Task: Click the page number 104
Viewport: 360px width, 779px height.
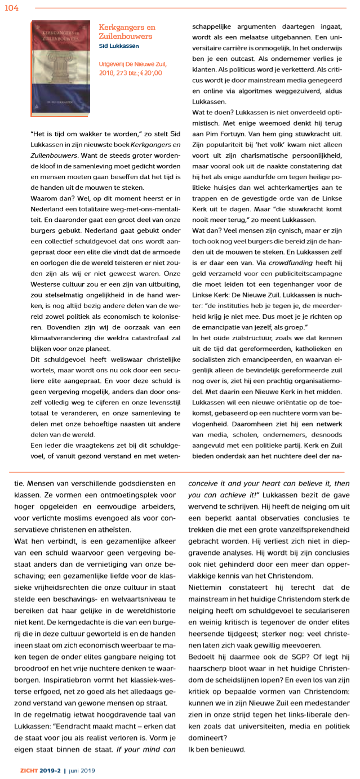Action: pos(11,7)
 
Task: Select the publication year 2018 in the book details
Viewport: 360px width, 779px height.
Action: pos(107,73)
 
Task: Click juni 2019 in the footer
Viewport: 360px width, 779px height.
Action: pos(82,771)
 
